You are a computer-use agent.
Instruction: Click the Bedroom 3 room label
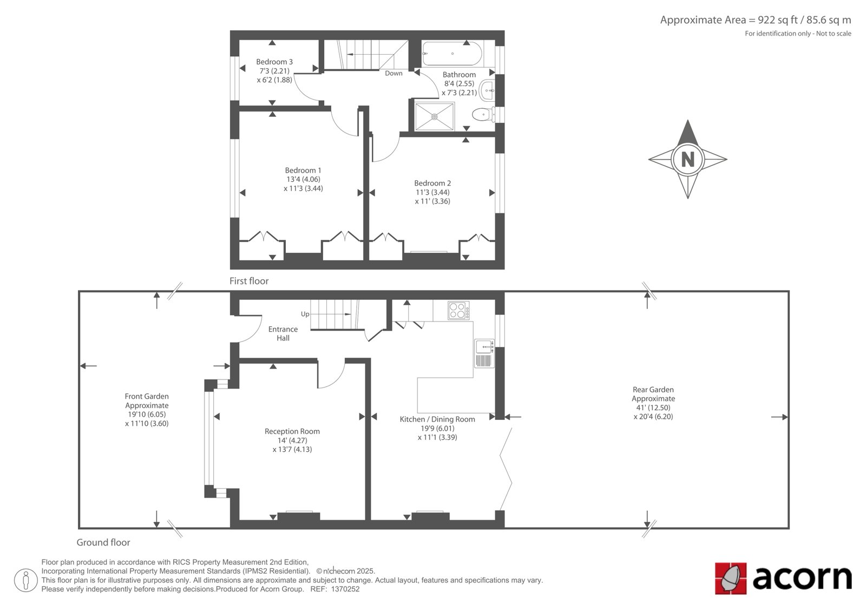coord(274,62)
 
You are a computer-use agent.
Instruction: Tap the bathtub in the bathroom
coord(452,54)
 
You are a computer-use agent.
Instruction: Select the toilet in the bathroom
coord(482,114)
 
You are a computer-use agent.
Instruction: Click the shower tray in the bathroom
coord(434,116)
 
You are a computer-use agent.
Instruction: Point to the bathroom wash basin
coord(487,90)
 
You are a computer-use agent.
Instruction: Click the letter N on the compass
coord(688,159)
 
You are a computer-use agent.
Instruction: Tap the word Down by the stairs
coord(393,74)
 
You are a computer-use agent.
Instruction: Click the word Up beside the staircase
coord(305,314)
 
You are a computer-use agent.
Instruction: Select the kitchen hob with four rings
coord(458,311)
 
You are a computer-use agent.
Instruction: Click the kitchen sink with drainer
coord(484,353)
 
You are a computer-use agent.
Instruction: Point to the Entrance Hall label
coord(283,334)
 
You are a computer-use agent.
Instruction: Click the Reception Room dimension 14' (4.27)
coord(292,440)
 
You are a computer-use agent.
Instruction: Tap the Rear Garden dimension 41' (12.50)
coord(653,407)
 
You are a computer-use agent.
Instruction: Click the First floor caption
coord(249,281)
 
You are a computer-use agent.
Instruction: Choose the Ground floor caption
coord(103,542)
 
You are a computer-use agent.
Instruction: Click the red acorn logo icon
coord(731,578)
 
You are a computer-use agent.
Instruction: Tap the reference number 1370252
coord(345,589)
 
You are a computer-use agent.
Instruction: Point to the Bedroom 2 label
coord(432,183)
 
